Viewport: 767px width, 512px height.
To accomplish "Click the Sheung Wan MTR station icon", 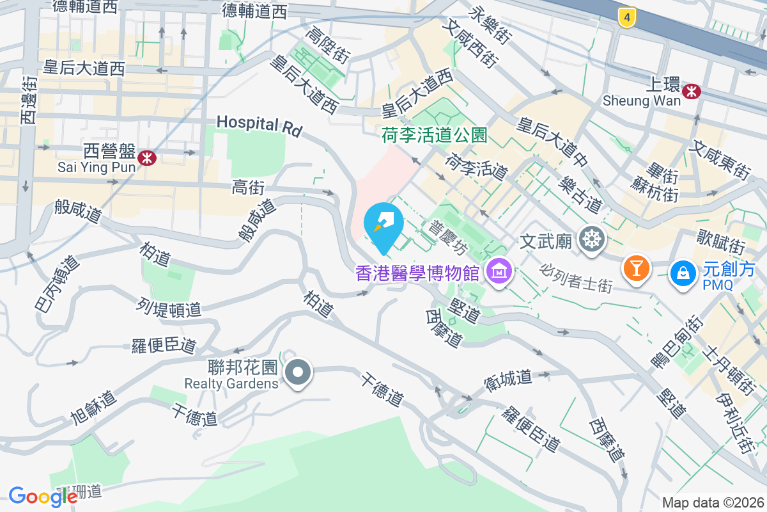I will (691, 92).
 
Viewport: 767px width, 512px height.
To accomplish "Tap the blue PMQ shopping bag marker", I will (683, 273).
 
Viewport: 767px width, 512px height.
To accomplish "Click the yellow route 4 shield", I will (628, 18).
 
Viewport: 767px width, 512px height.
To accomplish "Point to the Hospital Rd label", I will (259, 125).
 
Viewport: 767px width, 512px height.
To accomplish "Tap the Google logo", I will (43, 497).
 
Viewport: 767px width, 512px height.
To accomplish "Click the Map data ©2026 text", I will (713, 502).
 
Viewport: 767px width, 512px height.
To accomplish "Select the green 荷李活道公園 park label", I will (435, 135).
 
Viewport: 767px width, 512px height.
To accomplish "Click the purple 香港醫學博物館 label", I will (417, 273).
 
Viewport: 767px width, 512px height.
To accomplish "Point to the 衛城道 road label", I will (508, 378).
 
